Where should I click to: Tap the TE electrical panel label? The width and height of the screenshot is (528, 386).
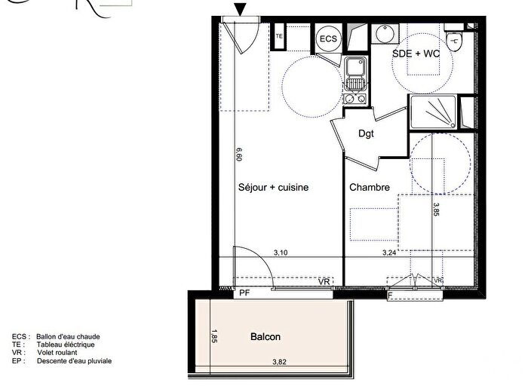tap(279, 35)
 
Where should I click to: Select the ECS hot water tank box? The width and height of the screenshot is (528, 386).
tap(327, 38)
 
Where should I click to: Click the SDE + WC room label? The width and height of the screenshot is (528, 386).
tap(416, 55)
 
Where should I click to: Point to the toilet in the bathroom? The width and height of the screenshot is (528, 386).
tap(456, 41)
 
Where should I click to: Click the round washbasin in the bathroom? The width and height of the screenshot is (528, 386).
tap(384, 34)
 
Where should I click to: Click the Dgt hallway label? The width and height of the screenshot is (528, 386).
tap(366, 135)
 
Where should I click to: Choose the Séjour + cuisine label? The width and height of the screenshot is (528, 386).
tap(274, 188)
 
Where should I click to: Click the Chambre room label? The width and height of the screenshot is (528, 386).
tap(369, 188)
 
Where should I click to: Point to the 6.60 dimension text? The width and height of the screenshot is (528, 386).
tap(238, 155)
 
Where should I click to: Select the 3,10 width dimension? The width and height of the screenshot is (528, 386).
tap(281, 253)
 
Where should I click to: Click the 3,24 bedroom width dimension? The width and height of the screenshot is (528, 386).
tap(390, 253)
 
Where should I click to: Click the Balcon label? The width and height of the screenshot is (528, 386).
tap(265, 337)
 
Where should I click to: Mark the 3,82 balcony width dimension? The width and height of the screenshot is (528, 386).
tap(281, 363)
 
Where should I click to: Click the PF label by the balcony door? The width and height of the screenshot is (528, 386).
tap(244, 293)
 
